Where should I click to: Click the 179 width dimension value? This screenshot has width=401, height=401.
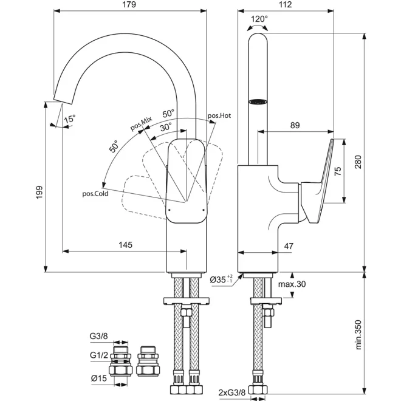[129, 5]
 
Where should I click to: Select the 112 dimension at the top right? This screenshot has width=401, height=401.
[285, 5]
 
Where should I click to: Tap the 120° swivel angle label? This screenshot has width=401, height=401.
[259, 19]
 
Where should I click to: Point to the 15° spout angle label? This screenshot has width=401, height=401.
[69, 119]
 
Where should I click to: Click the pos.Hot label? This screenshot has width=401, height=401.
[219, 115]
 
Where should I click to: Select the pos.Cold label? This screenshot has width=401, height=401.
[95, 194]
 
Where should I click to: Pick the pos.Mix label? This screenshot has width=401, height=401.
[141, 123]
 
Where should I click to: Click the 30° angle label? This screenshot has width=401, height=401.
[166, 127]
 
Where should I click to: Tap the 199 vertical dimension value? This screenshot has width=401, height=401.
[39, 193]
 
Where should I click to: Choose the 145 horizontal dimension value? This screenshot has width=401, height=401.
[126, 245]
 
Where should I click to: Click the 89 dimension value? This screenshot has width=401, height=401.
[295, 125]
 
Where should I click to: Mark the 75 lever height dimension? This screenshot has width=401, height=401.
[338, 171]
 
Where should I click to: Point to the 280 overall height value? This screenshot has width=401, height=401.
[358, 162]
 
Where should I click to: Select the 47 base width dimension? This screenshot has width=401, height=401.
[289, 246]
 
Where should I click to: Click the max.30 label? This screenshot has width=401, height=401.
[292, 284]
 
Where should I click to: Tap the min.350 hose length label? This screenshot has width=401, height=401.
[358, 335]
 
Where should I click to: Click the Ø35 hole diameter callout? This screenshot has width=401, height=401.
[221, 279]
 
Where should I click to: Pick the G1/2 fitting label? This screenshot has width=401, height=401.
[98, 355]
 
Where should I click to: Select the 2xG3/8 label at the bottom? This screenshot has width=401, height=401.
[231, 392]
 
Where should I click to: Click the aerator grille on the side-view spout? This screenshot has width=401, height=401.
[258, 101]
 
